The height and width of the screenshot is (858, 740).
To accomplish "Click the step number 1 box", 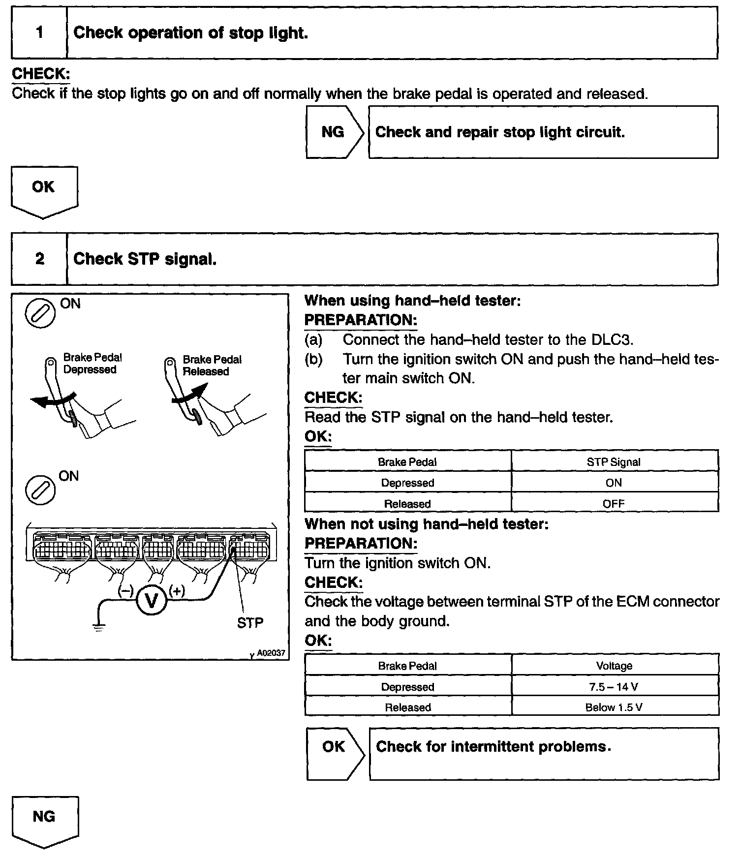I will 39,33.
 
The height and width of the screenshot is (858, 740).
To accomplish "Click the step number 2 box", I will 39,259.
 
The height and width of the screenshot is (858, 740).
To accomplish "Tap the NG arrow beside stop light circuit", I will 334,132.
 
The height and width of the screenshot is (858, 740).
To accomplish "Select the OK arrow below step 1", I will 44,189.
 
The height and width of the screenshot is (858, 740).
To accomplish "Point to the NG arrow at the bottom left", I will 44,819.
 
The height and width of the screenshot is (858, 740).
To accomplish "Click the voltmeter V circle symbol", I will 152,600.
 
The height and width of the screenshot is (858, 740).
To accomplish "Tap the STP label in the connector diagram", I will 250,623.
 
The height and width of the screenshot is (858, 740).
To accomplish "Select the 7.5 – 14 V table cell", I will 614,687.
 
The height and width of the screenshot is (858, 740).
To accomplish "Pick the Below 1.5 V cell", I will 614,707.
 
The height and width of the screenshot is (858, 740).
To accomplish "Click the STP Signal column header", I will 614,462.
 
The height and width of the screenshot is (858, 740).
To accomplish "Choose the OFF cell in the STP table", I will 614,504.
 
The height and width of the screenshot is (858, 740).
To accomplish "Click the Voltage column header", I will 614,666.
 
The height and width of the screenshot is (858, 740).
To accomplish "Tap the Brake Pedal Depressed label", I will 92,364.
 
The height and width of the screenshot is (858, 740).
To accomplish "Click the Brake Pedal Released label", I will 212,366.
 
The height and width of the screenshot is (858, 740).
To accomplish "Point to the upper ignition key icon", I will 40,312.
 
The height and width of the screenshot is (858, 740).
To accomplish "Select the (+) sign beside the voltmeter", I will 177,591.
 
